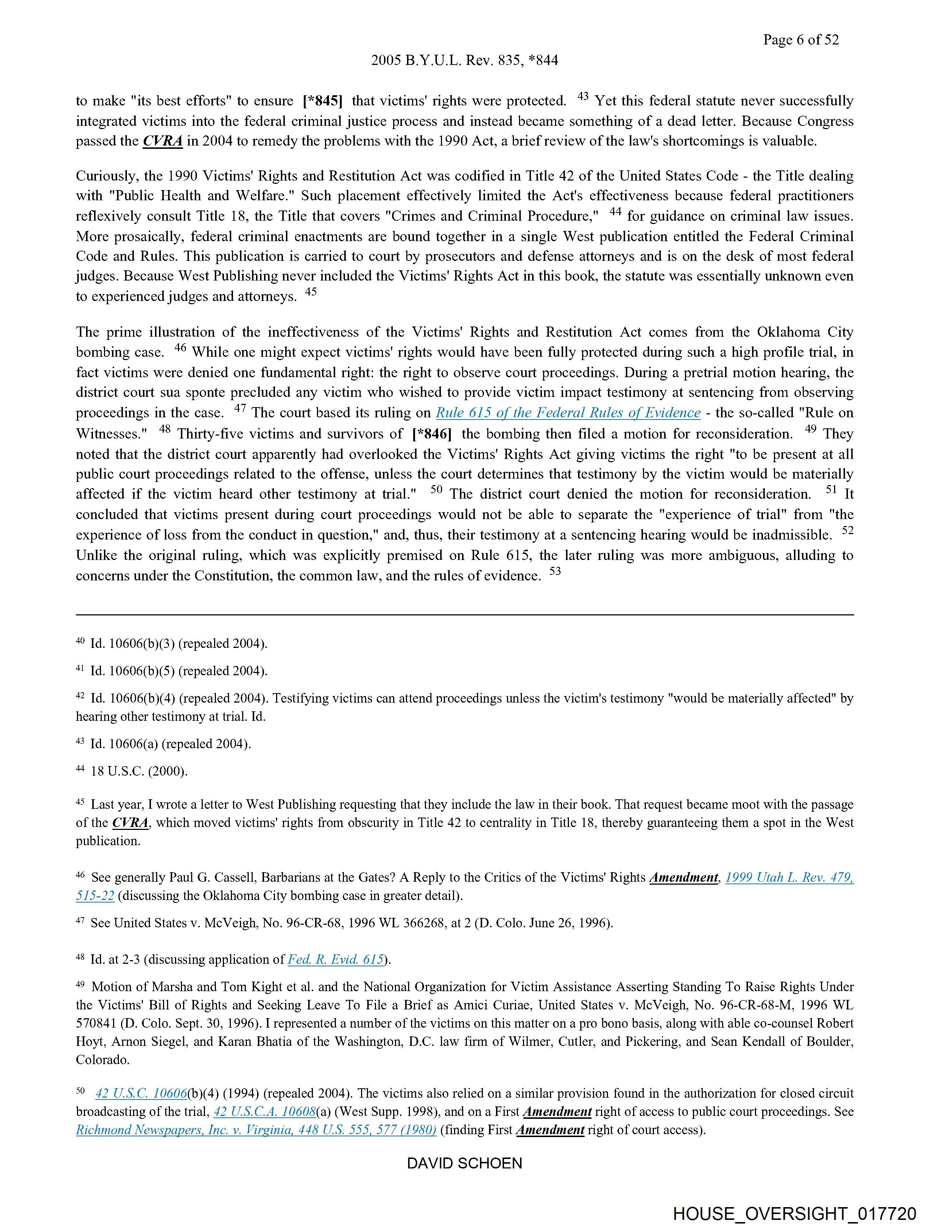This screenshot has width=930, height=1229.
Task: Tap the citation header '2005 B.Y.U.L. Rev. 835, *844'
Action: click(464, 61)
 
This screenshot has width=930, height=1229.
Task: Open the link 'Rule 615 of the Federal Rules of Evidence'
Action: click(568, 413)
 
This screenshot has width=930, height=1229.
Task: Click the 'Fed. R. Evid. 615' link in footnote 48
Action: click(336, 959)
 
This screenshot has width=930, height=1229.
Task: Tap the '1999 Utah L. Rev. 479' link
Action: click(789, 877)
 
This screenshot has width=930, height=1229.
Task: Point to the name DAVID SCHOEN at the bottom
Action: click(464, 1163)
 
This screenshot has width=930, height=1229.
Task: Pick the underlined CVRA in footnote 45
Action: click(131, 823)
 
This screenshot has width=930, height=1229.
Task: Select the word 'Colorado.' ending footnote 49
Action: click(103, 1059)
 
